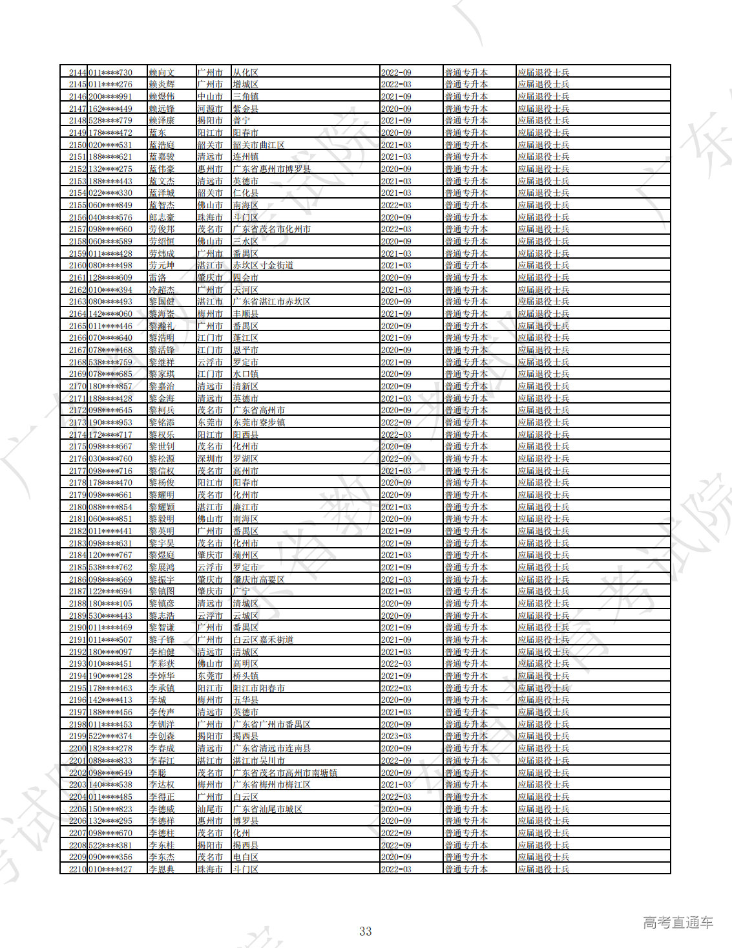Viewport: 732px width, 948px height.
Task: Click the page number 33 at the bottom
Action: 366,931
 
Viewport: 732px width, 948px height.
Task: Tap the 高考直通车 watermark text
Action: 678,922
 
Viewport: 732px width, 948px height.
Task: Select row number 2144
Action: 78,72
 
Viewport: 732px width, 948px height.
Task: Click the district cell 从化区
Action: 246,72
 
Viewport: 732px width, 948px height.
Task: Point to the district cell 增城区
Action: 246,85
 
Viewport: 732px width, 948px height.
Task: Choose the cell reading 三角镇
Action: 246,96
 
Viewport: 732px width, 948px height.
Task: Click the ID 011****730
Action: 110,72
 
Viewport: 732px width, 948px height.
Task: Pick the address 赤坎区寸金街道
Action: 263,265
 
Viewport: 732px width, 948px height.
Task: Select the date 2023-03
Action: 396,737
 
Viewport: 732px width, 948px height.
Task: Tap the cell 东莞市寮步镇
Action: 258,422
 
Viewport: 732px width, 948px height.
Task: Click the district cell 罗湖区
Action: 246,458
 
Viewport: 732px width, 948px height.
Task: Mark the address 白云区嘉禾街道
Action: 263,640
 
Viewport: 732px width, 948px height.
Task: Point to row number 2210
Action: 78,869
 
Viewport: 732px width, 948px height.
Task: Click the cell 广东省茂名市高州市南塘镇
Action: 285,773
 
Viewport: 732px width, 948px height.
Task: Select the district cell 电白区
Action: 246,857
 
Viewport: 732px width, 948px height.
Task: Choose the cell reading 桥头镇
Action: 246,676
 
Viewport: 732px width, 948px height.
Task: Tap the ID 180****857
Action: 110,386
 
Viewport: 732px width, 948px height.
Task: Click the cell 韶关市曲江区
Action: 258,145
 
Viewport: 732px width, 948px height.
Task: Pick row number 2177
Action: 78,471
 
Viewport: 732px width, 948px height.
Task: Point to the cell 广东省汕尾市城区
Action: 267,809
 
